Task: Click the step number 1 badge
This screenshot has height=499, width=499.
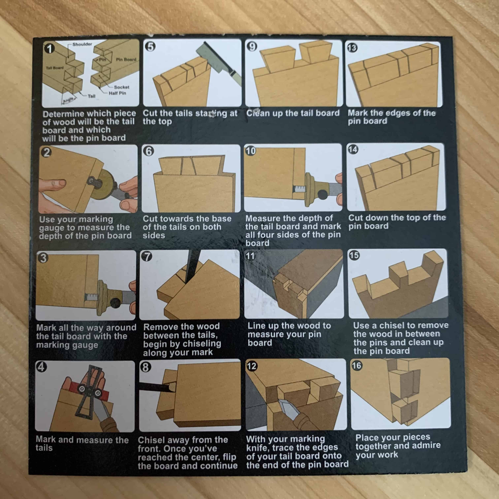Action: pos(49,49)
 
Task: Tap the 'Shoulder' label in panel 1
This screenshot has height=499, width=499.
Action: pos(82,44)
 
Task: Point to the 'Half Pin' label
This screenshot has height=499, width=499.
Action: pos(117,93)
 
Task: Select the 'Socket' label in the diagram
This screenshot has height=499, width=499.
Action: pos(121,87)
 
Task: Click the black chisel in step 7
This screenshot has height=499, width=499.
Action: pos(191,266)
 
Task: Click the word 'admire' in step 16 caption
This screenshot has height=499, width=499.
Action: pos(426,445)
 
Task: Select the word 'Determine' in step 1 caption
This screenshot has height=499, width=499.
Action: pos(64,114)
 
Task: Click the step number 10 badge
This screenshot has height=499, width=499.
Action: pos(250,151)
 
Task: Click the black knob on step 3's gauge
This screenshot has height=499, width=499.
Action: pos(115,302)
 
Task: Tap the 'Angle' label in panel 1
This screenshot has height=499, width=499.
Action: pos(68,100)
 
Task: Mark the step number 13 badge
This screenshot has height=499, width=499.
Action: pos(352,48)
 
